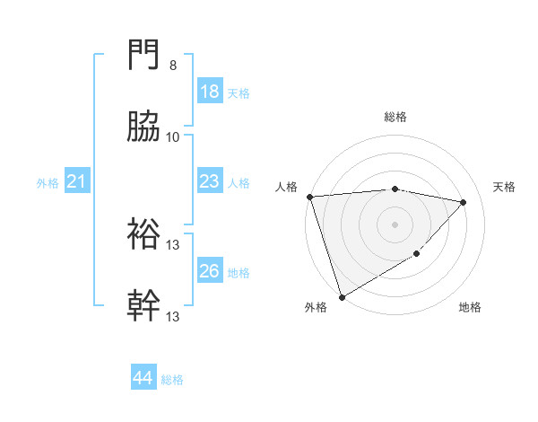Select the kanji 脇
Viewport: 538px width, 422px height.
point(144,127)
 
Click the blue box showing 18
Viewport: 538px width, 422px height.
point(209,92)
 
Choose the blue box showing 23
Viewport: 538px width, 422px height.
point(209,181)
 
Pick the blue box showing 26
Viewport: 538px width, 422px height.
point(209,271)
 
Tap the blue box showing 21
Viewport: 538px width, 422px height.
point(77,182)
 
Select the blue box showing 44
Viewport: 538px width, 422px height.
point(143,379)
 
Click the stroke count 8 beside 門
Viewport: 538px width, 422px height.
point(173,66)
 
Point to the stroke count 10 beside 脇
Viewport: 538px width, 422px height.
point(173,137)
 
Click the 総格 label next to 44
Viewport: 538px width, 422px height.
point(172,380)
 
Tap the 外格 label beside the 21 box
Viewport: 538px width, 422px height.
point(48,183)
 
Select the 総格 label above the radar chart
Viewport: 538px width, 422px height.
point(395,117)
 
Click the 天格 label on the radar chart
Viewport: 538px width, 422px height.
point(505,187)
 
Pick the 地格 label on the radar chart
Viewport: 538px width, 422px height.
point(470,307)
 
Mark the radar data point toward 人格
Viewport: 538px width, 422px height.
point(309,197)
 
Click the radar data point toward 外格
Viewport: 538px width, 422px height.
point(342,296)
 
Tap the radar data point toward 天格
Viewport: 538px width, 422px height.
point(464,202)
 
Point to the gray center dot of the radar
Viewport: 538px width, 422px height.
point(395,224)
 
